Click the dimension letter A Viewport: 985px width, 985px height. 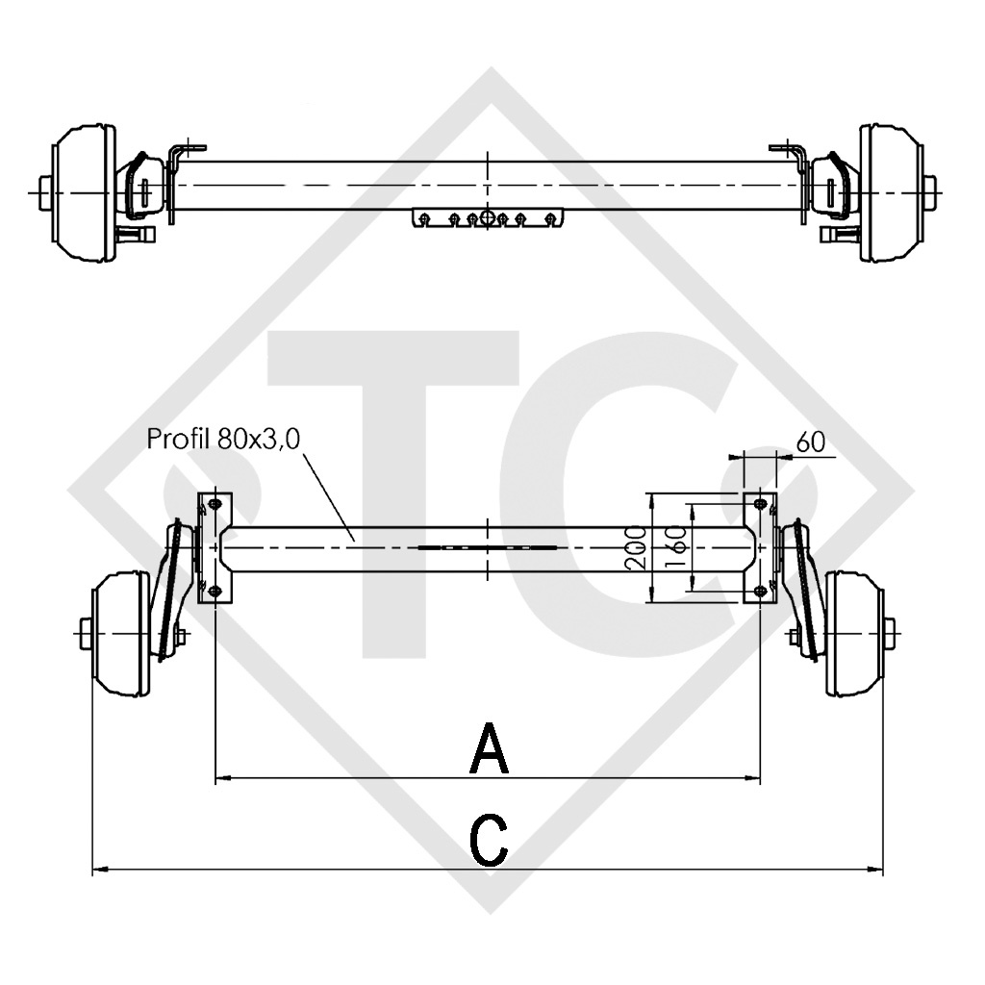click(489, 749)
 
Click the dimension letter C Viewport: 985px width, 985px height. click(490, 840)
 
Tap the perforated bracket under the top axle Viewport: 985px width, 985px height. click(490, 218)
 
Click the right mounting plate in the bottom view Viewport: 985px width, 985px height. click(761, 548)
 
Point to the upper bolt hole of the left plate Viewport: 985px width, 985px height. click(215, 505)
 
